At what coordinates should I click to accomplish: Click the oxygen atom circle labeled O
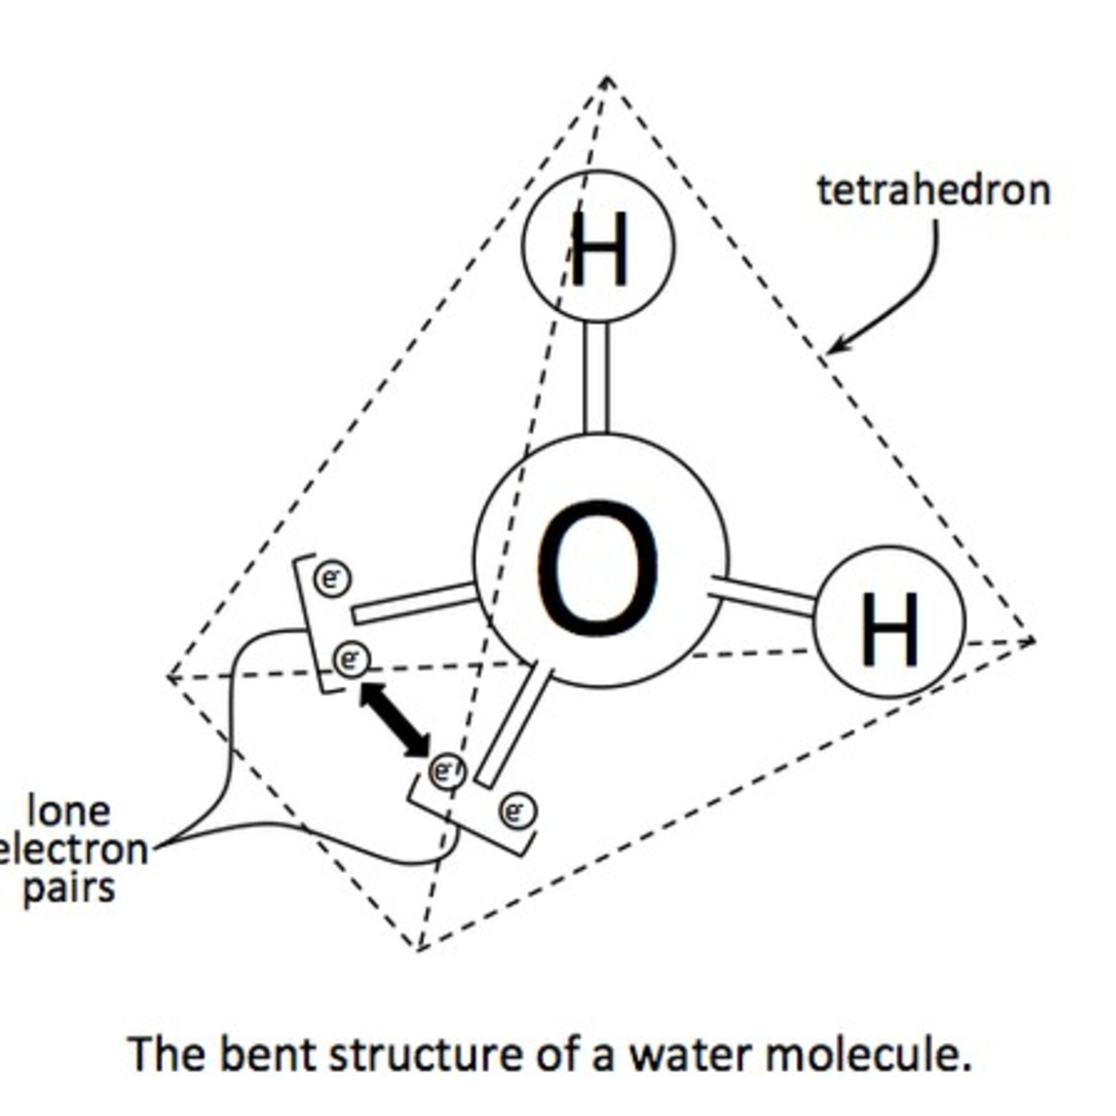[601, 560]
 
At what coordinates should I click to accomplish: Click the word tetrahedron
[933, 190]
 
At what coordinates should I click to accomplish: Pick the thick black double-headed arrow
[395, 719]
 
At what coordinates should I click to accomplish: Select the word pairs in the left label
[69, 888]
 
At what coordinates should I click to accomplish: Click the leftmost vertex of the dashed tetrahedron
[167, 677]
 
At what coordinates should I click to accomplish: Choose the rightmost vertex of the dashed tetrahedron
[1034, 639]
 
